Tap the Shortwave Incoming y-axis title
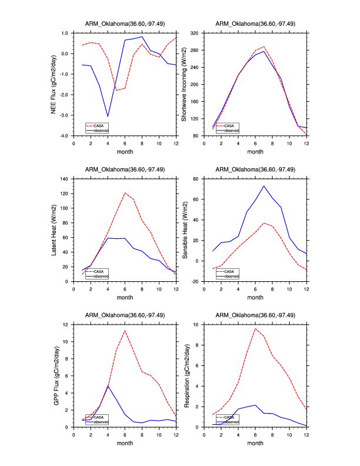[x=184, y=84]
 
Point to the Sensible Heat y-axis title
[x=184, y=229]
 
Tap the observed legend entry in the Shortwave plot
[x=231, y=130]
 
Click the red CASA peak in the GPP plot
[x=125, y=330]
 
